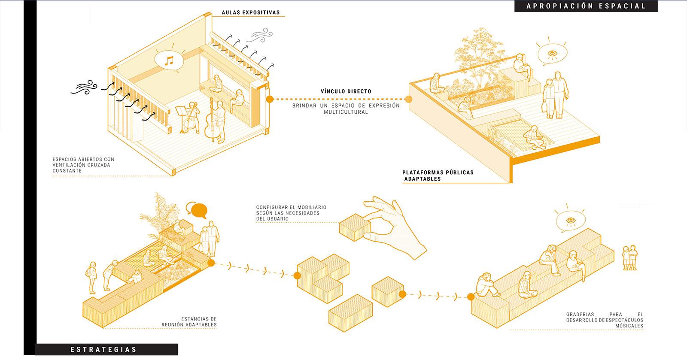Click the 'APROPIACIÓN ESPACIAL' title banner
click(x=586, y=6)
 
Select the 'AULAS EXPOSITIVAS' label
click(x=251, y=12)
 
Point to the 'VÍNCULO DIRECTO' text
click(x=346, y=91)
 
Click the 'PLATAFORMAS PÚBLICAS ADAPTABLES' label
click(x=438, y=175)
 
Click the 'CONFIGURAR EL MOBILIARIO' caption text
click(x=288, y=212)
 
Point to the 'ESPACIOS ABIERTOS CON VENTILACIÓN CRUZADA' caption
click(x=83, y=165)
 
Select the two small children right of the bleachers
click(x=629, y=257)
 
